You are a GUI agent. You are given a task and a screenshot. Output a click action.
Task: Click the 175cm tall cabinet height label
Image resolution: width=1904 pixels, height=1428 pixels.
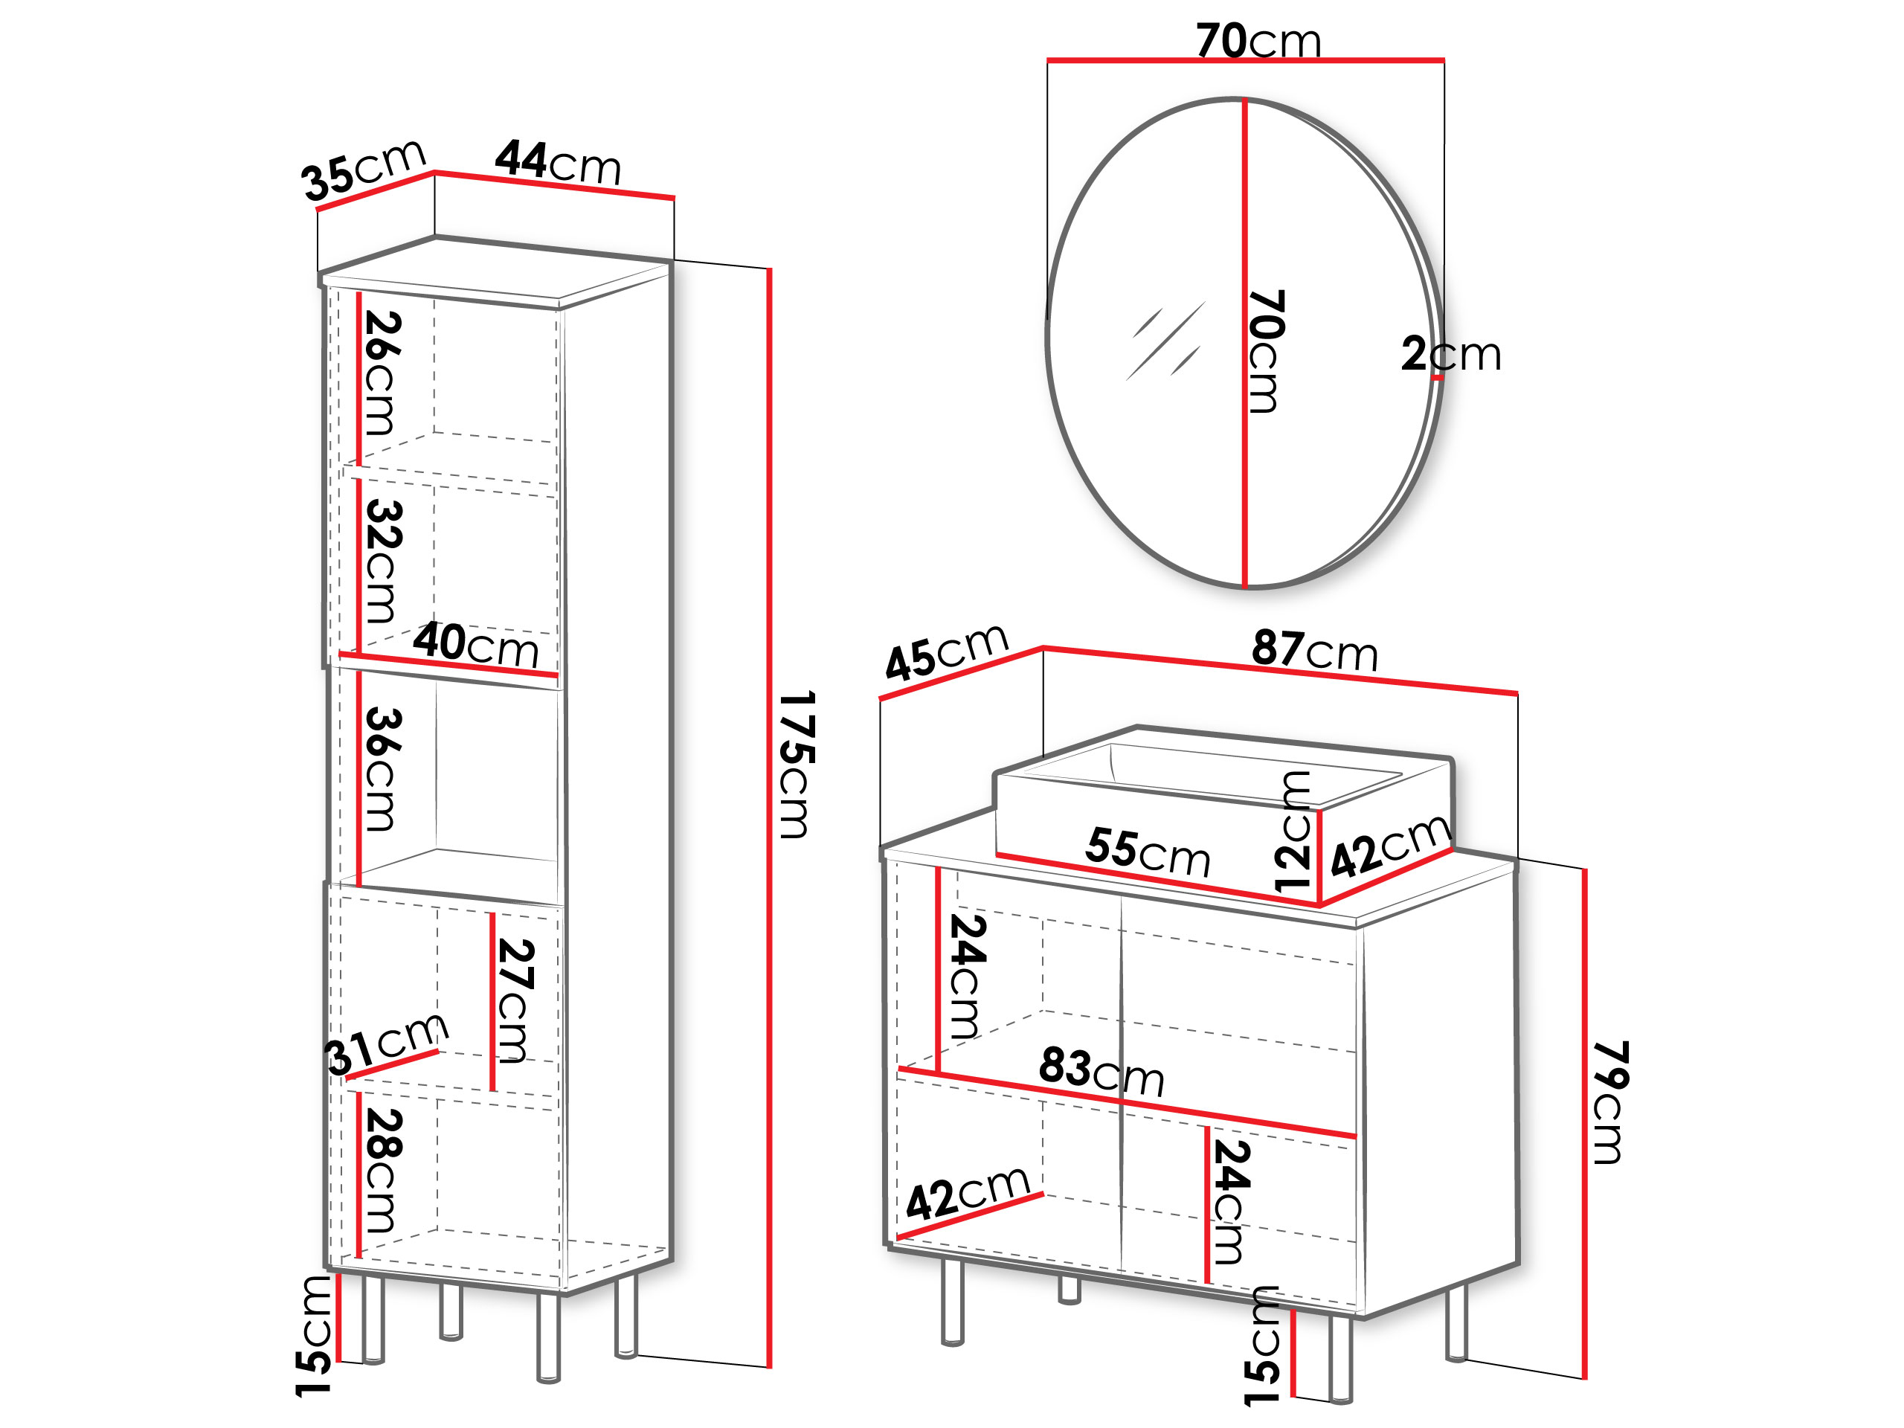[795, 765]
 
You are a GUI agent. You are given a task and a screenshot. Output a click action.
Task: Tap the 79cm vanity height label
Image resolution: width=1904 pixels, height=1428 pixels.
[1609, 1103]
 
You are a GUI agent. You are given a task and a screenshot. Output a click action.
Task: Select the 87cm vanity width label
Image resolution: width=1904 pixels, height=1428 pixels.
[1315, 650]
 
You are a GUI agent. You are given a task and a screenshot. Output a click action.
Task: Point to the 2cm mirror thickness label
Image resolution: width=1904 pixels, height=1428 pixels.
[1451, 354]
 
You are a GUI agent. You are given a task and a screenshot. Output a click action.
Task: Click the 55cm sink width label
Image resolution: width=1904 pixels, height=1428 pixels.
[1148, 852]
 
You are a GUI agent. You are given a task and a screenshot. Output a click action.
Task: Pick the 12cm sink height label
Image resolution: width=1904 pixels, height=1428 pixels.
[1293, 832]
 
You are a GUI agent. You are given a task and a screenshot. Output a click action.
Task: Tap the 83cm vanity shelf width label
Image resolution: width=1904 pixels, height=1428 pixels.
[1101, 1071]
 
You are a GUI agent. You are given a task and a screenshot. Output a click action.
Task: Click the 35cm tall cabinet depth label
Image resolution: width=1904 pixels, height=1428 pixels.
[363, 170]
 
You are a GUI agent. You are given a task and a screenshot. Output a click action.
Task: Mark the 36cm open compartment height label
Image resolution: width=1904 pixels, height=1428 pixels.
[382, 768]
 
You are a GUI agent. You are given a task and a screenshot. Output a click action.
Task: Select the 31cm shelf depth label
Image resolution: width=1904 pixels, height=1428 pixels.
[387, 1044]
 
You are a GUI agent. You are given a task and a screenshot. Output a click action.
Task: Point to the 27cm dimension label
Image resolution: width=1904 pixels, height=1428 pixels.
[515, 1000]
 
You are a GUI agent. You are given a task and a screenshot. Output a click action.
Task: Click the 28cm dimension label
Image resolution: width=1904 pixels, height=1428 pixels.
[382, 1170]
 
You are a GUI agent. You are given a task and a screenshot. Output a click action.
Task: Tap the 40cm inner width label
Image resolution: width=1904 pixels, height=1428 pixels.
[476, 644]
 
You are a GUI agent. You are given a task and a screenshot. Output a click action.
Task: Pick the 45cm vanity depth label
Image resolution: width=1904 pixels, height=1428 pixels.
[947, 652]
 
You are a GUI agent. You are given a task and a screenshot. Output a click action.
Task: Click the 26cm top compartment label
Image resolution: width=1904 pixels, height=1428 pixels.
[382, 373]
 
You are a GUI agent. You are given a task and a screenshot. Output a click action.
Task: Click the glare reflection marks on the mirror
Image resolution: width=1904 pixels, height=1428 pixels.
[1166, 341]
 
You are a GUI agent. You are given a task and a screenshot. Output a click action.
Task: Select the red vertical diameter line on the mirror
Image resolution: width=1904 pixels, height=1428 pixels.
[1244, 344]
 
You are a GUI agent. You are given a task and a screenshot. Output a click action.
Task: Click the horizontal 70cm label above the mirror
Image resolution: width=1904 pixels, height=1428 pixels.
[1258, 40]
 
